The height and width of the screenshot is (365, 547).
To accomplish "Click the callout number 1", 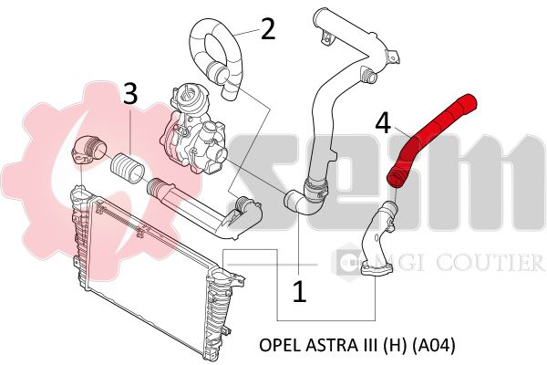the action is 299,292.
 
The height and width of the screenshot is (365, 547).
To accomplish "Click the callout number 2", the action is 268,29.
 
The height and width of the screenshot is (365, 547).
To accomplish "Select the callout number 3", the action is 129,93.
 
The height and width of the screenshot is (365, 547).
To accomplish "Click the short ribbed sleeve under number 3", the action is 128,168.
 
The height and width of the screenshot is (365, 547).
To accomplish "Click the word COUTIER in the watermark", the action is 490,262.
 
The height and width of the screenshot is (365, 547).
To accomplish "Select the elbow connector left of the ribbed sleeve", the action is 88,149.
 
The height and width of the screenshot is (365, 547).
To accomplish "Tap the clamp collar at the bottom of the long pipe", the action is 315,191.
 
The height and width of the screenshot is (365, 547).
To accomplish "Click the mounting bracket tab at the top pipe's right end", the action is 393,57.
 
